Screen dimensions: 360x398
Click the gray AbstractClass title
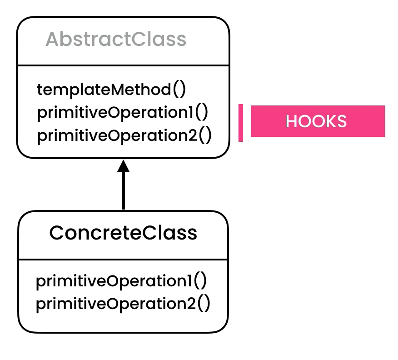(x=116, y=40)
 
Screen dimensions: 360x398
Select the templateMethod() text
(x=111, y=90)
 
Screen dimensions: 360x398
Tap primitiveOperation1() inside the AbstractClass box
(x=122, y=112)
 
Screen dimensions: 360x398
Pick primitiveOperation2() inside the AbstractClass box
(x=124, y=135)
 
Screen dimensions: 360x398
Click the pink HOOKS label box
(x=318, y=121)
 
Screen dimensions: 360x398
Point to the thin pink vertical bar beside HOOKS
(x=241, y=123)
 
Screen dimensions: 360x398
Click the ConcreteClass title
(x=123, y=233)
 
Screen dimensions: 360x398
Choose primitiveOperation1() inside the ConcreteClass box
(x=121, y=281)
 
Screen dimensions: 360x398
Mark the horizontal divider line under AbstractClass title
(x=123, y=65)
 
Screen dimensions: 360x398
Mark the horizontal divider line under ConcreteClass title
(x=123, y=260)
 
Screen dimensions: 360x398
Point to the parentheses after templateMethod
(x=179, y=90)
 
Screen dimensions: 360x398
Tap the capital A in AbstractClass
(x=52, y=40)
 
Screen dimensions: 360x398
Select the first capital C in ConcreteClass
(x=56, y=233)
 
